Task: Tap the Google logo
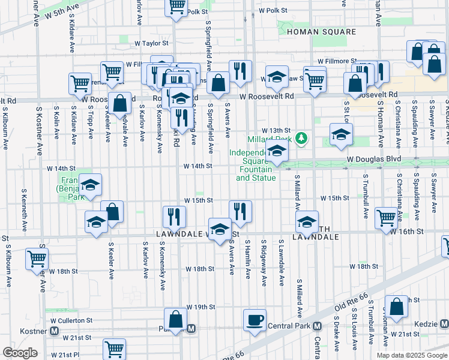tap(20, 353)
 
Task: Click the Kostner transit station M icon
tap(54, 331)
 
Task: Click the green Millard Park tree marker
tap(303, 140)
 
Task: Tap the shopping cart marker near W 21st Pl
tap(114, 348)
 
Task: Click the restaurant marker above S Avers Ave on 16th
tap(240, 211)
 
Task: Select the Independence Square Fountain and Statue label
tap(255, 165)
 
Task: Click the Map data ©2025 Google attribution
tap(411, 355)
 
